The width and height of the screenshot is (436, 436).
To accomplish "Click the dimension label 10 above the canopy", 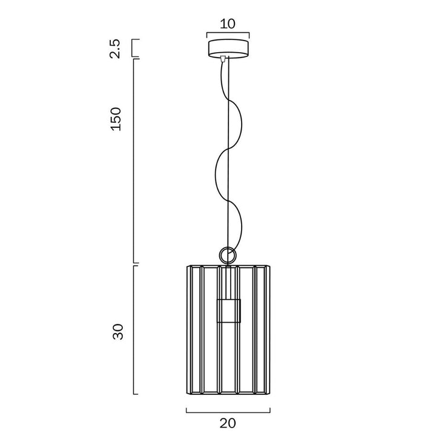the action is [228, 24].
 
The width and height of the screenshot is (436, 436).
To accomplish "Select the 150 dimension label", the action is [116, 119].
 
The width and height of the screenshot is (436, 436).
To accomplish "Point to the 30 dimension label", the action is [118, 331].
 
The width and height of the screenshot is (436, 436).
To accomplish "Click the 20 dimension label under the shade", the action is [228, 423].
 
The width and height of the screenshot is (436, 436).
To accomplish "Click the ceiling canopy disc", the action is [228, 49].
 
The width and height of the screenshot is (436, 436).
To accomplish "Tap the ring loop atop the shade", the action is [228, 254].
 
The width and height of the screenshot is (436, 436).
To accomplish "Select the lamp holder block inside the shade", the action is [228, 311].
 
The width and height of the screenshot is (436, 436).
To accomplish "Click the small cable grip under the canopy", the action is [223, 59].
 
